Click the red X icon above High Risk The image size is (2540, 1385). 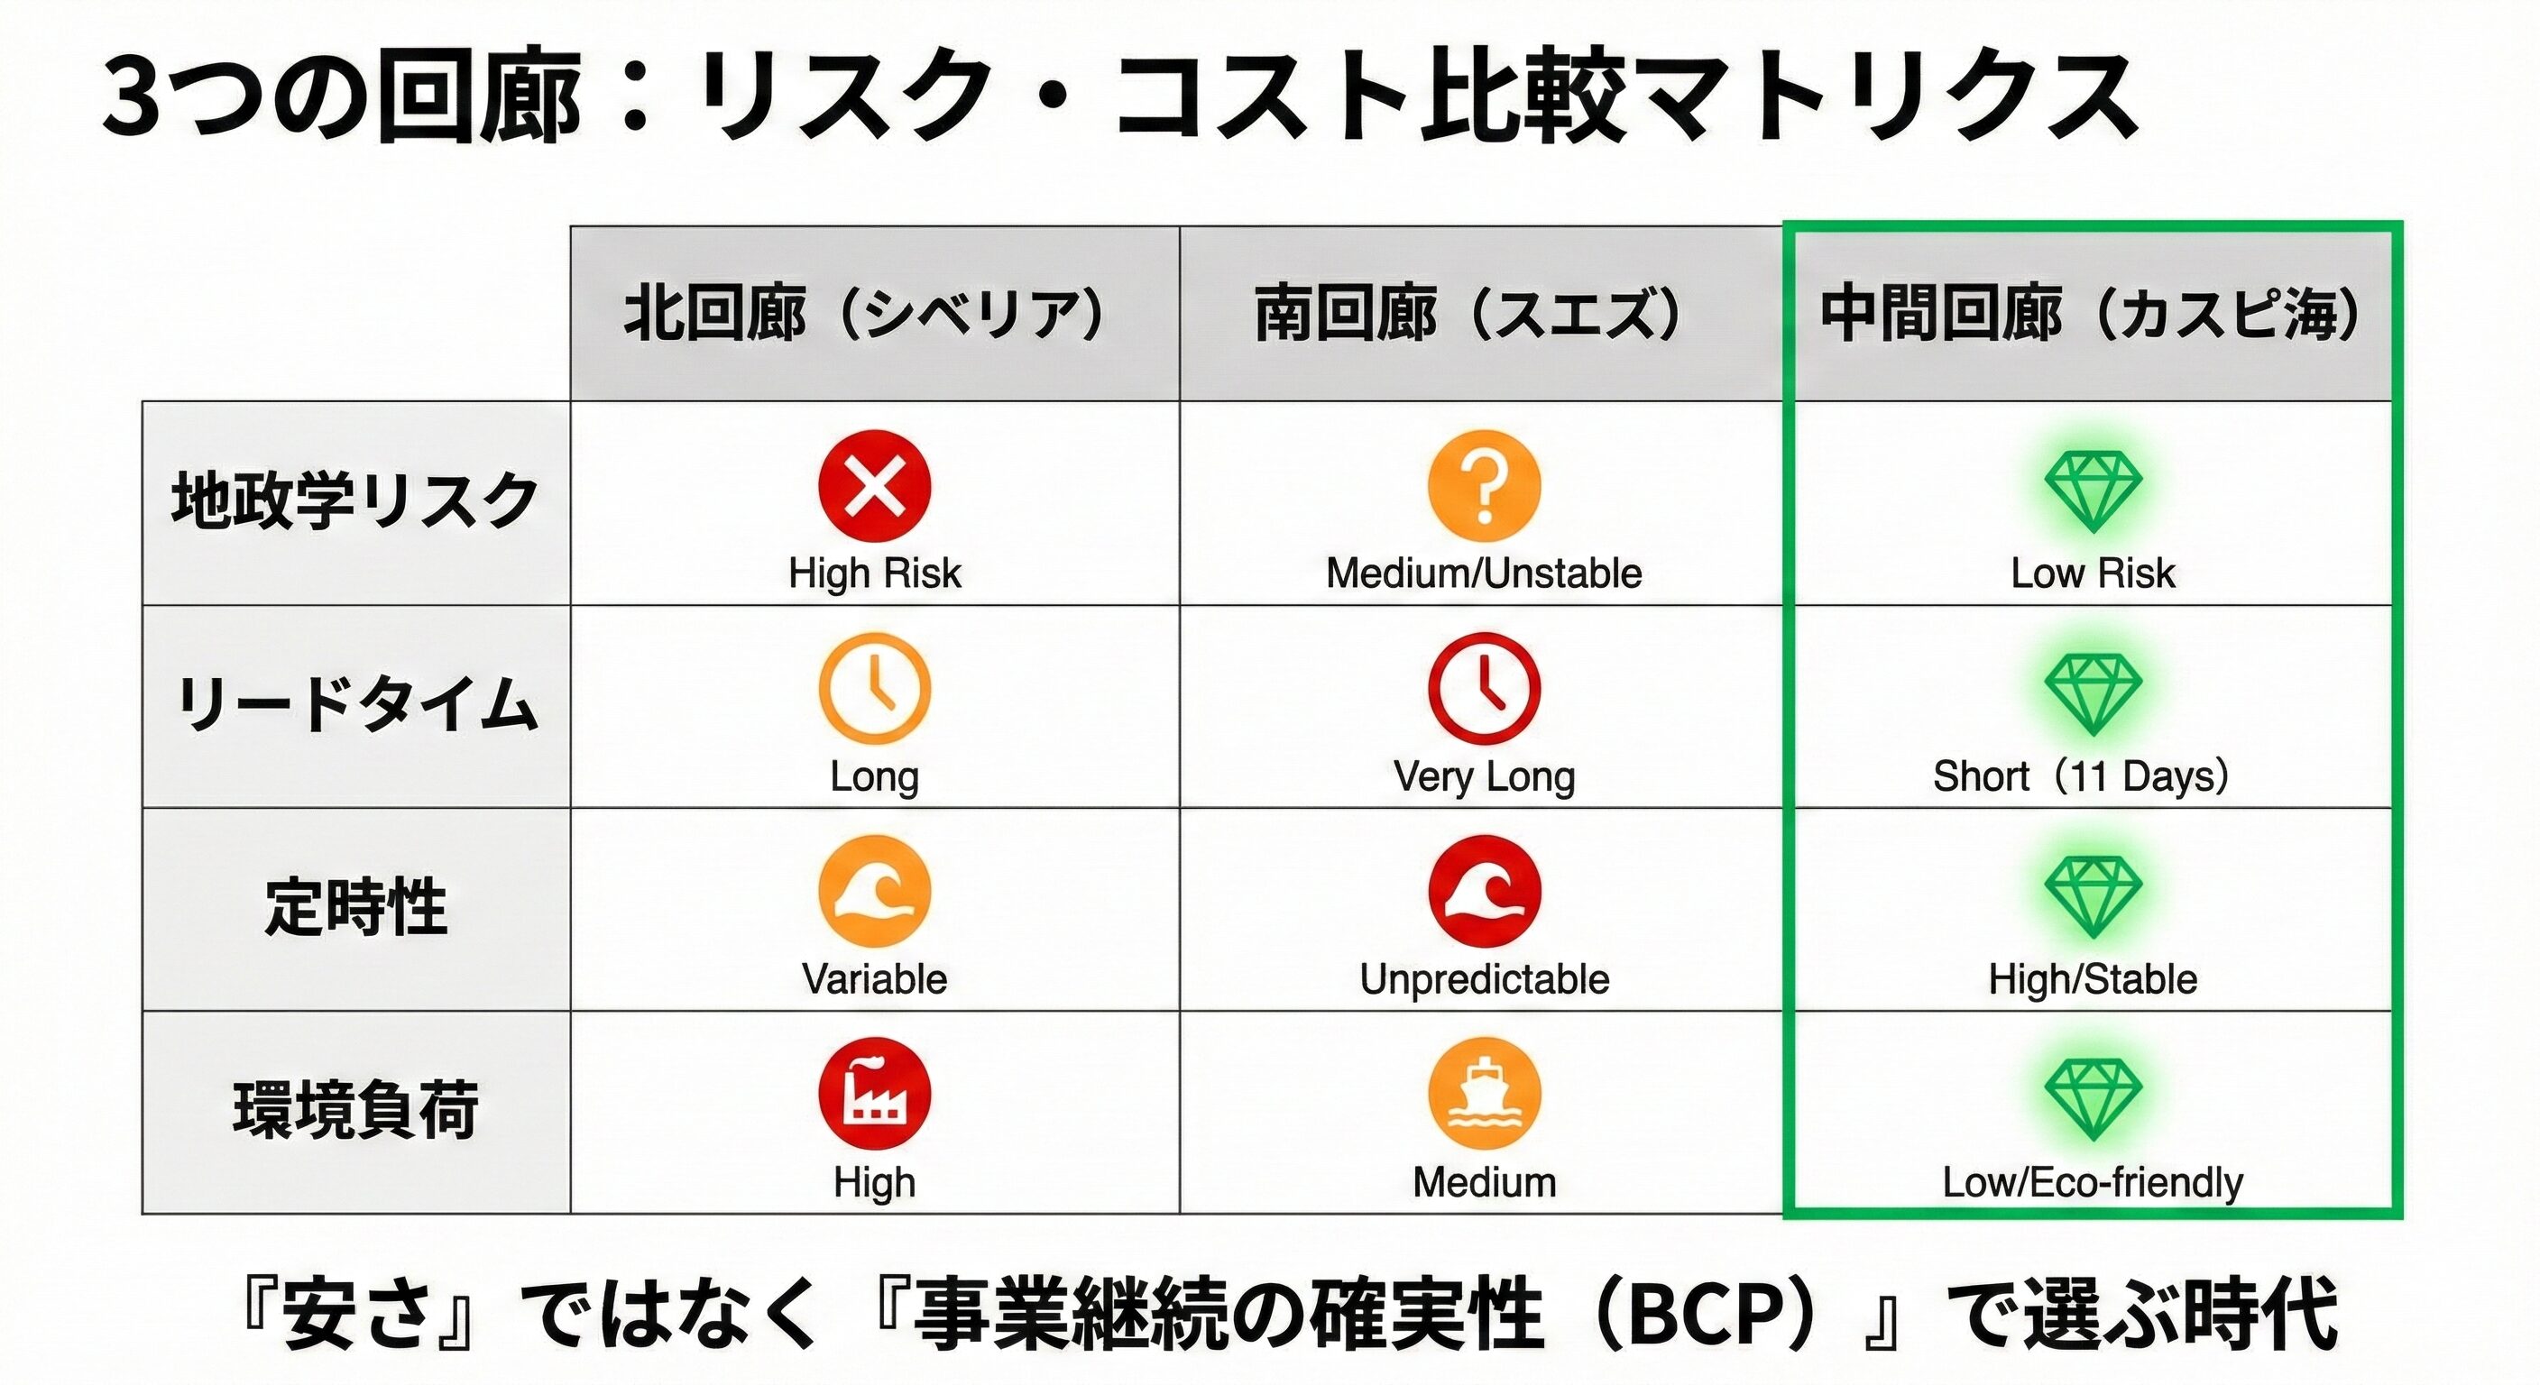tap(875, 486)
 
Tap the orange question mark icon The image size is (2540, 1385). tap(1484, 486)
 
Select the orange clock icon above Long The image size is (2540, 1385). tap(875, 689)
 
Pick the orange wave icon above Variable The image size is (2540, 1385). tap(875, 892)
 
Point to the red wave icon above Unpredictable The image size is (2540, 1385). tap(1484, 892)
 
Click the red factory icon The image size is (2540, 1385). tap(875, 1094)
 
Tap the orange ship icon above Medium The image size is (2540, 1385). tap(1484, 1094)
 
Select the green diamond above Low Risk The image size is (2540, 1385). tap(2093, 491)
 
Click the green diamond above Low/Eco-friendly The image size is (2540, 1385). tap(2093, 1099)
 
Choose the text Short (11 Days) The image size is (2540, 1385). tap(2082, 776)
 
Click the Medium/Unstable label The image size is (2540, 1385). tap(1484, 573)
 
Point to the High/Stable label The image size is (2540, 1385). tap(2093, 980)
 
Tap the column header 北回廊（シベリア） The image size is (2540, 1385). tap(865, 315)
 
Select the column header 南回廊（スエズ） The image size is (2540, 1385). tap(1468, 315)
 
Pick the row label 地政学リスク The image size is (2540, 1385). tap(355, 500)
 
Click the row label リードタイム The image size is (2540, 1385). tap(357, 705)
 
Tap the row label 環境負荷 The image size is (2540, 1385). tap(356, 1110)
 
